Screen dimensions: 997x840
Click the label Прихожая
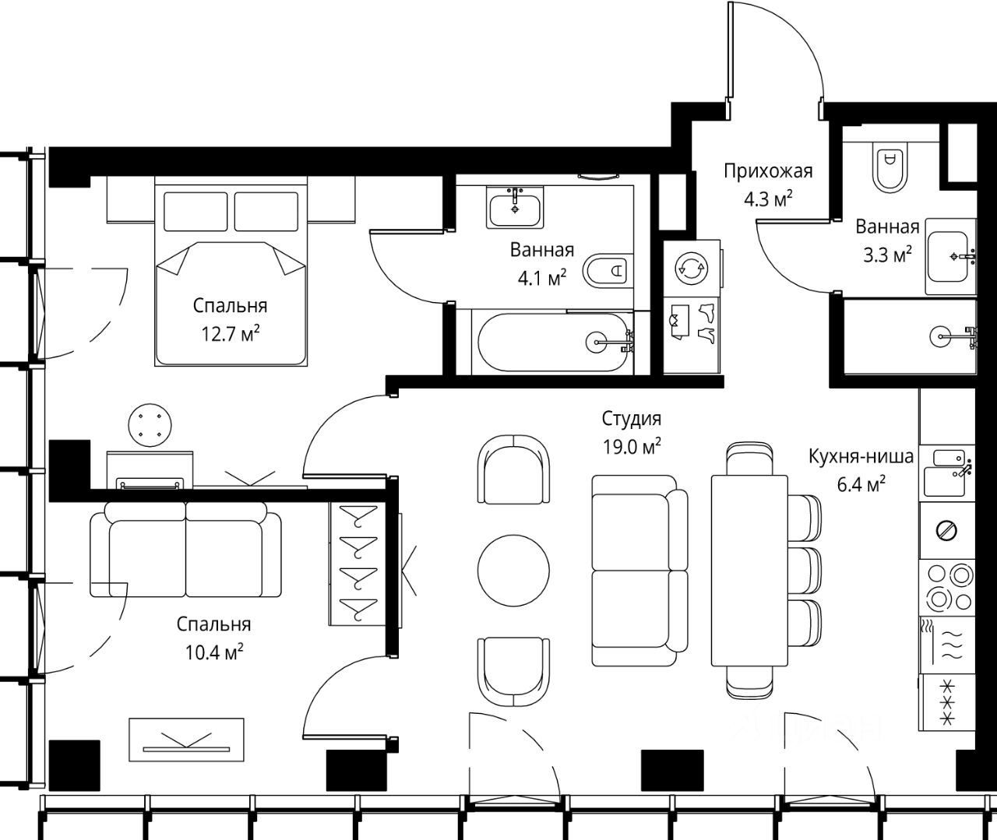[x=768, y=171]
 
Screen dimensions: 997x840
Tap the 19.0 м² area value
[x=632, y=447]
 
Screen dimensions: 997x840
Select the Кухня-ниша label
[x=861, y=457]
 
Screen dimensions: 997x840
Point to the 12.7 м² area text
[x=230, y=334]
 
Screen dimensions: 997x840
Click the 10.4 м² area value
[x=214, y=652]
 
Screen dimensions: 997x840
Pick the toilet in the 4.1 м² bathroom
[x=608, y=271]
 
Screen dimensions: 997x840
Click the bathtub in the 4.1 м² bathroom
[x=553, y=342]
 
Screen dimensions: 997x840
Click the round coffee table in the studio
[x=513, y=571]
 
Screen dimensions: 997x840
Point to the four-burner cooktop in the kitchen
[x=947, y=587]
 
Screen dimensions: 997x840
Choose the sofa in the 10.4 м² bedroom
[x=185, y=549]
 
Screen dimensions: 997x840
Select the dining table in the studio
[x=749, y=571]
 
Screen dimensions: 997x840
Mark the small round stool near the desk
[x=150, y=425]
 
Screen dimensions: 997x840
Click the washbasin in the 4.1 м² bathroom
[x=515, y=208]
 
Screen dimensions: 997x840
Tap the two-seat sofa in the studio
[x=639, y=571]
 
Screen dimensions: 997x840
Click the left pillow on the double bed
[x=196, y=212]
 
